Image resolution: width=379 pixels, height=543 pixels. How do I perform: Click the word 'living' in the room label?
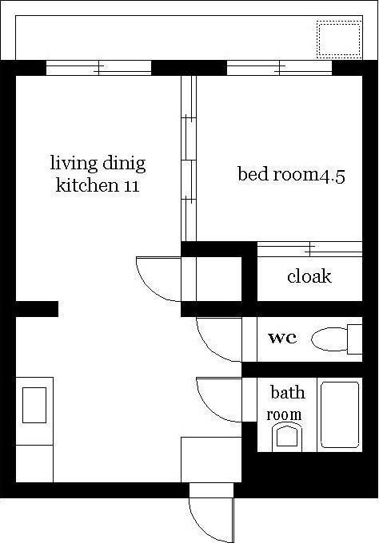[x=74, y=164]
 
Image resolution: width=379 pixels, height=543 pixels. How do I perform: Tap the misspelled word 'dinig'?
[x=124, y=164]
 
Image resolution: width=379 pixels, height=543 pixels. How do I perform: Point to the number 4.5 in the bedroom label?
[x=332, y=176]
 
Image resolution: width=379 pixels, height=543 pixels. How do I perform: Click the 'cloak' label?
[x=309, y=276]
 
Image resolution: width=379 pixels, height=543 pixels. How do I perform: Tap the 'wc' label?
[x=282, y=338]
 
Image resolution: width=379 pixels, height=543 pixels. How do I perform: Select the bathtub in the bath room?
[x=340, y=415]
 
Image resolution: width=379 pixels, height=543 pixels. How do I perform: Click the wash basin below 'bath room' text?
[x=287, y=438]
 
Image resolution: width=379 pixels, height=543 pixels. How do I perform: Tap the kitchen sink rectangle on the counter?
[x=34, y=405]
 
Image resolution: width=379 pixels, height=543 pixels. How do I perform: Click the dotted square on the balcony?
[x=339, y=39]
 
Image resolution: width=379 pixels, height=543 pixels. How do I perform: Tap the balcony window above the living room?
[x=99, y=68]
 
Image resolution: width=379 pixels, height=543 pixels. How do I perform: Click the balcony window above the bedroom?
[x=279, y=68]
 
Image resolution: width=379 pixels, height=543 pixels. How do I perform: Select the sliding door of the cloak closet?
[x=309, y=249]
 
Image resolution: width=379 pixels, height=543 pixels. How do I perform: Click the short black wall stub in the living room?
[x=37, y=309]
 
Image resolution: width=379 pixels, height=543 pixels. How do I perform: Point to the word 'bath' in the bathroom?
[x=288, y=393]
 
